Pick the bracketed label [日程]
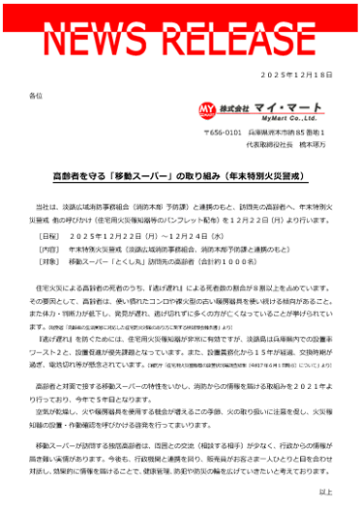pyautogui.click(x=47, y=236)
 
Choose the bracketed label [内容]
pyautogui.click(x=47, y=249)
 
